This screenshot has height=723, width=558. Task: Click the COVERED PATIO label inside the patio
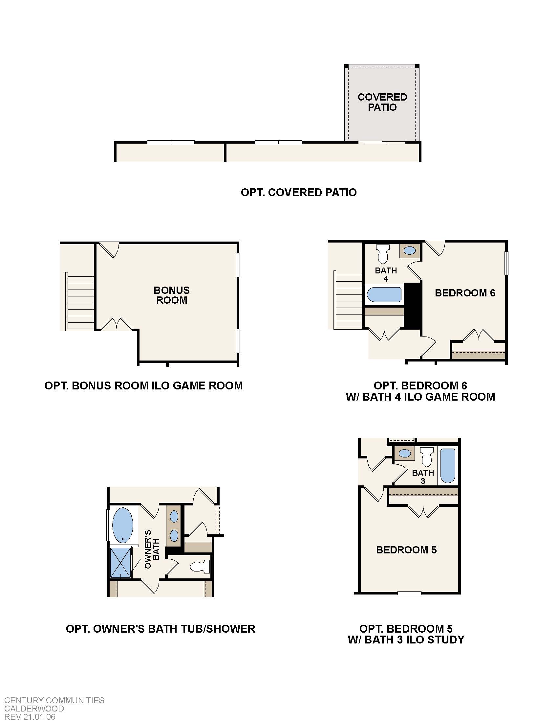coord(382,102)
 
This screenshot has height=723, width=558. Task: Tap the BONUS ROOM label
coord(172,295)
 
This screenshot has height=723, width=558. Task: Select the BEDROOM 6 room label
coord(465,292)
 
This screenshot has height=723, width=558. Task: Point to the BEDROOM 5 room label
coord(406,550)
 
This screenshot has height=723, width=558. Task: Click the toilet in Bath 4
coord(383,253)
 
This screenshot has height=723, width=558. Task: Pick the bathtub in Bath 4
coord(384,294)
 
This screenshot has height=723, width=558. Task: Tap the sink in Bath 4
coord(410,251)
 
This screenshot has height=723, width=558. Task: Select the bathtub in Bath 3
coord(448,465)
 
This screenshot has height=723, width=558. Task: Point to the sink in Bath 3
coord(405,453)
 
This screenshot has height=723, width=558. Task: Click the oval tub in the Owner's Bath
coord(123,525)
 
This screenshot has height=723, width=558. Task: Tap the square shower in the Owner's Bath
coord(120,563)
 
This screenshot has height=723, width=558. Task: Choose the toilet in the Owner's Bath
coord(201,567)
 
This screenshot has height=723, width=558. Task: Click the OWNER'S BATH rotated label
coord(152,549)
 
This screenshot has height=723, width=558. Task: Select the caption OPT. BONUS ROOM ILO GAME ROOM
coord(143,386)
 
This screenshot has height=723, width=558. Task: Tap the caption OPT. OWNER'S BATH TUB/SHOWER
coord(160,629)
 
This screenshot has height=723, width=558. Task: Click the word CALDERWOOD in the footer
coord(34,709)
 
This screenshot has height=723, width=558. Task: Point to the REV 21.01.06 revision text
coord(30,717)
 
